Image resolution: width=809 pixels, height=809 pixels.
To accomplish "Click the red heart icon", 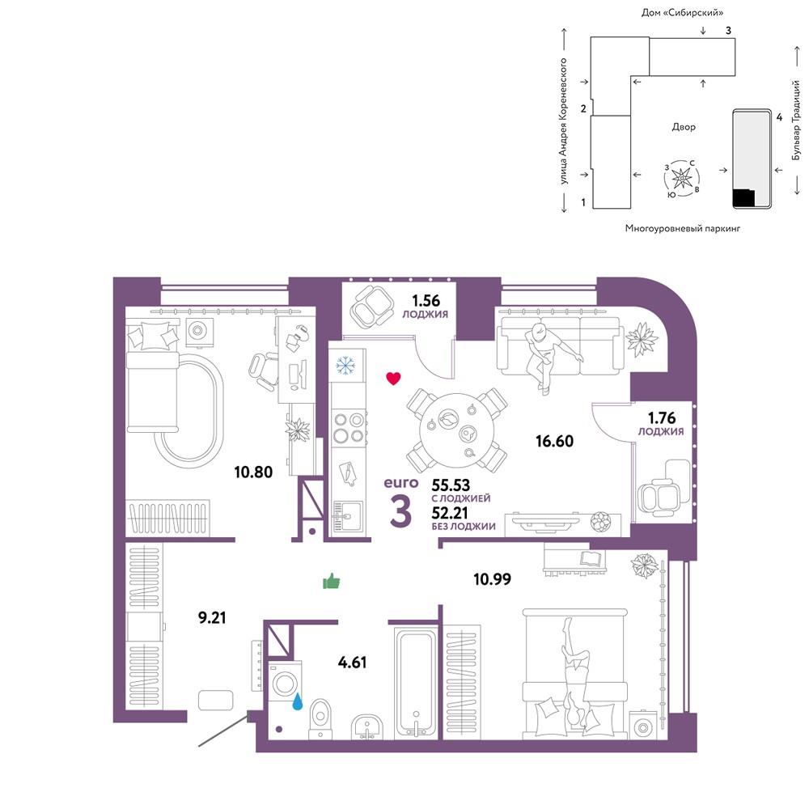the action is point(393,379).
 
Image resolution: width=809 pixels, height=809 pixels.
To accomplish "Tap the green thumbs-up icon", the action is point(331,582).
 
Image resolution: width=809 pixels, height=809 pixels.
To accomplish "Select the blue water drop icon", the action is point(298,701).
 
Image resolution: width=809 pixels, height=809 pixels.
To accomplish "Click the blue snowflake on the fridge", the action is point(345,366).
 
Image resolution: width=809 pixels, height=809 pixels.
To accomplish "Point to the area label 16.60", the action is point(554,441).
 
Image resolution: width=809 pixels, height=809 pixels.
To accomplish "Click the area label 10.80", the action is point(252,472).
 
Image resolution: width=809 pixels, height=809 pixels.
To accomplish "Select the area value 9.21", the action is point(212,617).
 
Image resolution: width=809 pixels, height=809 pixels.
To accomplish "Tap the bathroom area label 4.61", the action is point(353,662).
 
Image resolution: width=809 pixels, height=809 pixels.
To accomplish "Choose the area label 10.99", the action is point(492,579).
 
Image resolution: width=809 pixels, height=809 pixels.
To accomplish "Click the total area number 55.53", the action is point(451,485).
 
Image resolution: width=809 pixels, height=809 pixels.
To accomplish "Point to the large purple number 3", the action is point(400,511).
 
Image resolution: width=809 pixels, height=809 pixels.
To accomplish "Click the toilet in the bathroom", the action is point(320,719).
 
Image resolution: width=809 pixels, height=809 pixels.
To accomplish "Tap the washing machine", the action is point(285,683).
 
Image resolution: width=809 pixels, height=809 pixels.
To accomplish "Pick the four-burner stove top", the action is point(349,428).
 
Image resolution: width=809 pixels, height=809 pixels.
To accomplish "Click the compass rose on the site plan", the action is point(682,179).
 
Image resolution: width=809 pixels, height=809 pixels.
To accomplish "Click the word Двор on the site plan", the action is point(684,127).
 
